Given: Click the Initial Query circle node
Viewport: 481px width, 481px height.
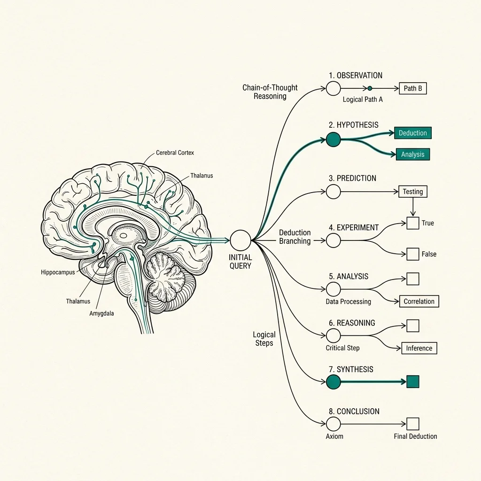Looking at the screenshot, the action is (240, 240).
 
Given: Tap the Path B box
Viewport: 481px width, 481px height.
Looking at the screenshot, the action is (413, 88).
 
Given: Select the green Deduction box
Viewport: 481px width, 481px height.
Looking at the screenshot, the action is (413, 133).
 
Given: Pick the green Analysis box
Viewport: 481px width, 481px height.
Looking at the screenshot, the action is (413, 154).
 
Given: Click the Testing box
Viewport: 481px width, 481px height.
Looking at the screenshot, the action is (413, 192).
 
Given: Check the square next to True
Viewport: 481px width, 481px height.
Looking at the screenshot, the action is (413, 223).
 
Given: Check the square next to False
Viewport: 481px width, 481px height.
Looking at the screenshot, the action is (413, 254).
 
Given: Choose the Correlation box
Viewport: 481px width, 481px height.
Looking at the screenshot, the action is (419, 301).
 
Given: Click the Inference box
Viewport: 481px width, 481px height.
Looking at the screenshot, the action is (419, 348).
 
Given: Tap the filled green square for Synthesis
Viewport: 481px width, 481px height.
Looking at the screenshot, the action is (413, 381).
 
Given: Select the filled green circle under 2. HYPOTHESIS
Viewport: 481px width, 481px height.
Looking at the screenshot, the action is (334, 140).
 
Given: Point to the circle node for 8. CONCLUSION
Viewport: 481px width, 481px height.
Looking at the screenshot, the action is (334, 424).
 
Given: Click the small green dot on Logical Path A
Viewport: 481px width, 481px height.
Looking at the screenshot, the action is (370, 88).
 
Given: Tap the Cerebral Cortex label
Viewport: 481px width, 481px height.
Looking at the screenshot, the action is (175, 153).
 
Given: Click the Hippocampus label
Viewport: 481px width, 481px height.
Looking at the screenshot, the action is (58, 272).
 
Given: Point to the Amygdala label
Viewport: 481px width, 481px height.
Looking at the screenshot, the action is (101, 313).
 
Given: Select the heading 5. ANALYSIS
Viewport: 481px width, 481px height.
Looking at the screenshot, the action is (349, 276).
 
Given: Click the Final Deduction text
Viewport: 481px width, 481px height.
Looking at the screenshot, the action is (415, 436).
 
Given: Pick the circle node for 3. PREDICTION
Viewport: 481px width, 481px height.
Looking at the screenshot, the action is (334, 192).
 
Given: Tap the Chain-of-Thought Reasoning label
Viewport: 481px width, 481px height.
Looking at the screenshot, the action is (270, 92).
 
